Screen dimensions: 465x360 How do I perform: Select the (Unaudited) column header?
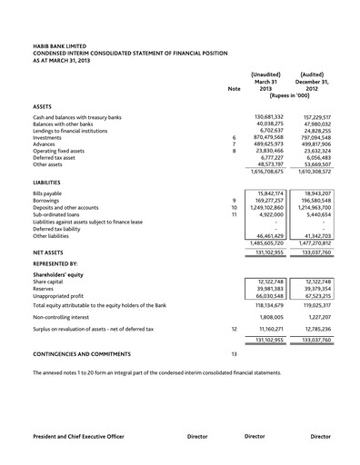pos(265,74)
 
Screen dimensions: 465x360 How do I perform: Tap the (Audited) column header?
pos(314,74)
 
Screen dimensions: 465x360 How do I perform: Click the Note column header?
pos(235,89)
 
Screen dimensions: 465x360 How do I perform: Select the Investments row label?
pos(48,137)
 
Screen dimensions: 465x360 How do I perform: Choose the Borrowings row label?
pos(48,200)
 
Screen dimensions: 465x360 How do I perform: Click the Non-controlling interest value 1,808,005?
pos(271,318)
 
